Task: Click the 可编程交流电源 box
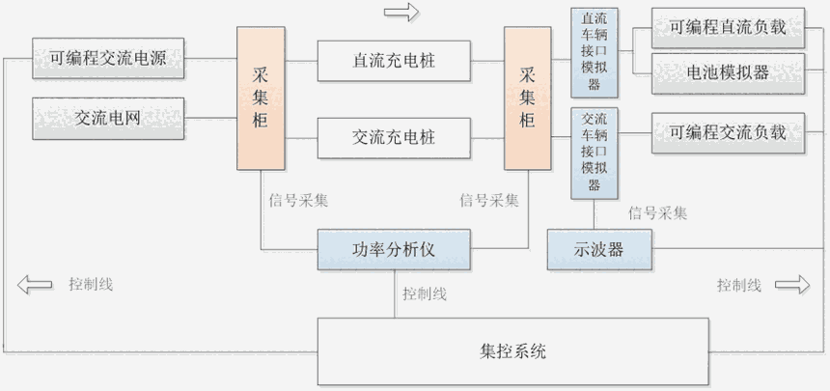click(109, 59)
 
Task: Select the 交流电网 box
click(109, 119)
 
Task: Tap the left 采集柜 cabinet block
click(261, 98)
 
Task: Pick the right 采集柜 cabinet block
click(527, 98)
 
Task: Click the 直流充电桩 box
click(394, 61)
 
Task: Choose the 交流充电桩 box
click(394, 138)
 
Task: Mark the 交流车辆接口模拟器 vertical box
click(595, 153)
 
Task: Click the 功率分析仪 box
click(394, 250)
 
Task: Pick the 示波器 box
click(599, 250)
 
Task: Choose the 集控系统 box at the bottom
click(512, 350)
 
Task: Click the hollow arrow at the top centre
click(401, 13)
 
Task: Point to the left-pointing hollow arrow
click(36, 285)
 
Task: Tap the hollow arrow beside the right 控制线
click(792, 285)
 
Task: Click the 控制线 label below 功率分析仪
click(425, 293)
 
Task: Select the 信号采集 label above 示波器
click(657, 212)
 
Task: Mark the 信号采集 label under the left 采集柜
click(298, 201)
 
